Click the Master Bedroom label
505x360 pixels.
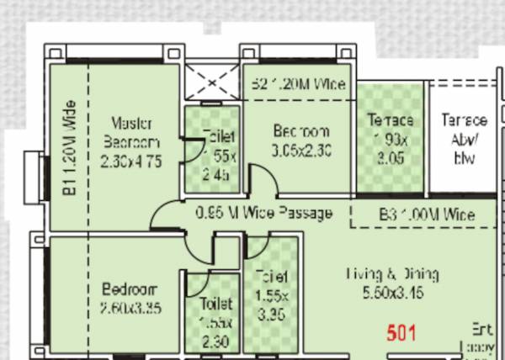click(x=130, y=130)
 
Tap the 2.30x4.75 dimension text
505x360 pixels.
click(x=130, y=160)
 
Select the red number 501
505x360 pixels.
click(x=401, y=332)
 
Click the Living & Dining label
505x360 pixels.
click(x=393, y=274)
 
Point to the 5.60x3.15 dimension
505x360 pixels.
click(x=393, y=294)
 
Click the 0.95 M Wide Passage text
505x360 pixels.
click(x=263, y=214)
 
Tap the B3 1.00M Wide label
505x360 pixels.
click(x=427, y=214)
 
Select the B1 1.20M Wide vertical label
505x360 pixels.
click(x=70, y=150)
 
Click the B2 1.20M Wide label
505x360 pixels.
click(x=299, y=83)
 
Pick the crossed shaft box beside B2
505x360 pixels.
click(x=210, y=82)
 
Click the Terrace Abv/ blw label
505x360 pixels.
click(x=464, y=139)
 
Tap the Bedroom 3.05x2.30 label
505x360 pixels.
click(x=300, y=140)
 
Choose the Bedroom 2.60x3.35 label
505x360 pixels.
click(x=130, y=298)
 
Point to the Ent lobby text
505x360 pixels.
click(x=481, y=336)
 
